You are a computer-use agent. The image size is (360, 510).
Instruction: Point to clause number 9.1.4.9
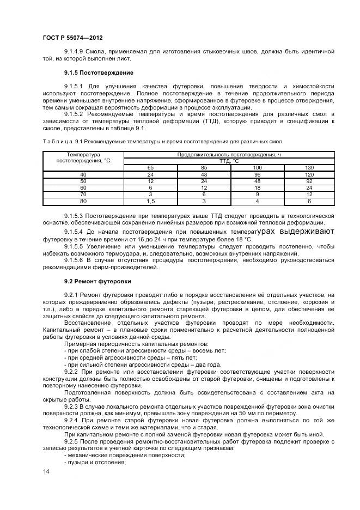point(75,51)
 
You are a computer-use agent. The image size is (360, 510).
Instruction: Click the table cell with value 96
point(258,174)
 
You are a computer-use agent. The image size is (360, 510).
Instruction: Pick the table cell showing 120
point(309,174)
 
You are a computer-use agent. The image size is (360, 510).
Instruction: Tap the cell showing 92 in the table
point(309,180)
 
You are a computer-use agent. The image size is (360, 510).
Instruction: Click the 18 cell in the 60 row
point(258,187)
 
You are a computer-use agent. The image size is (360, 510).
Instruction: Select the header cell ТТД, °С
point(229,161)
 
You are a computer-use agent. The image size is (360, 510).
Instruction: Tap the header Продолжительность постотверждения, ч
point(229,155)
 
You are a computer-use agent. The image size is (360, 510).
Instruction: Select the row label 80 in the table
point(83,201)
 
